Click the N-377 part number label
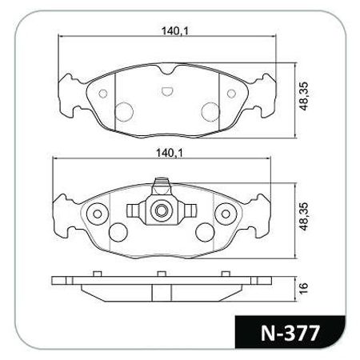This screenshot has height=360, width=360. pyautogui.click(x=290, y=333)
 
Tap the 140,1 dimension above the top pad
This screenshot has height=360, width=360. pyautogui.click(x=175, y=31)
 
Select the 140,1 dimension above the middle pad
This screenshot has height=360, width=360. pyautogui.click(x=169, y=153)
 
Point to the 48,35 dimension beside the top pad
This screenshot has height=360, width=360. pyautogui.click(x=304, y=96)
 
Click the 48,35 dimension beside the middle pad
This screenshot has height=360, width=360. pyautogui.click(x=304, y=217)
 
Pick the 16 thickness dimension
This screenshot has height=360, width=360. pyautogui.click(x=304, y=288)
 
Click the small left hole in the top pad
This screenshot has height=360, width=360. pyautogui.click(x=103, y=94)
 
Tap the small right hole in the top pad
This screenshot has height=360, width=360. pyautogui.click(x=231, y=94)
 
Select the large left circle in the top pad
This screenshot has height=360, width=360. pyautogui.click(x=124, y=112)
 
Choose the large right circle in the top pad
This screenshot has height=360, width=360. pyautogui.click(x=210, y=112)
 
